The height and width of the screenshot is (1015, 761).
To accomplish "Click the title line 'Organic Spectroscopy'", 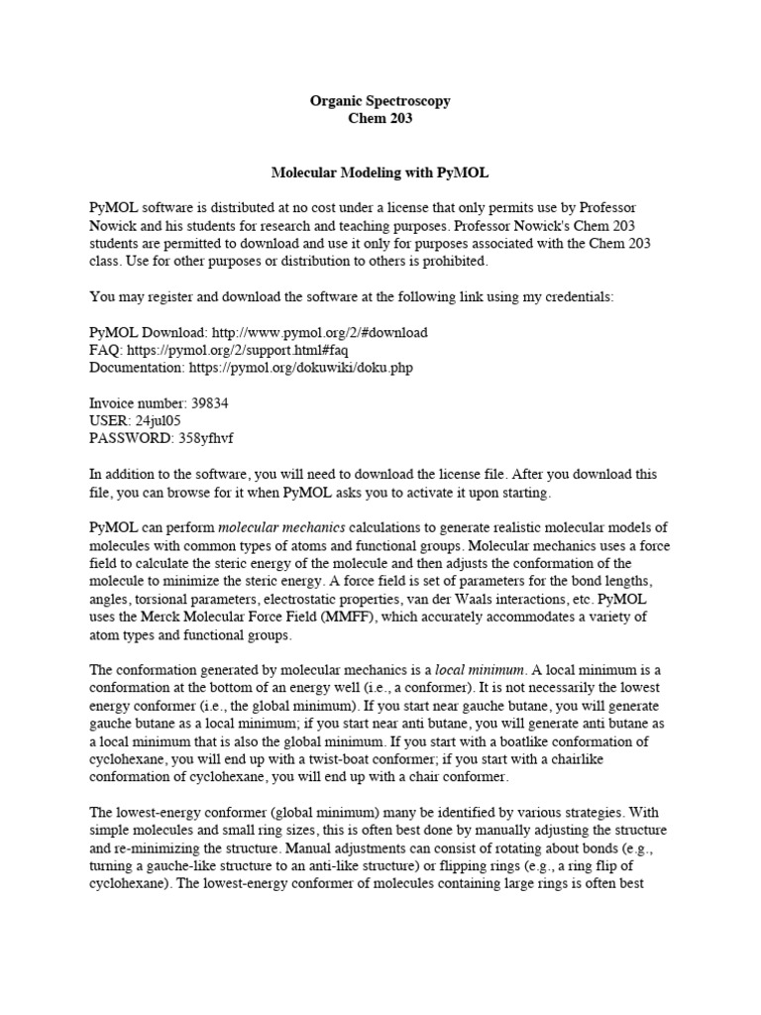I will [380, 101].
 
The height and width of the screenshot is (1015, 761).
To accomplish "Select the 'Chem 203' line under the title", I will [380, 119].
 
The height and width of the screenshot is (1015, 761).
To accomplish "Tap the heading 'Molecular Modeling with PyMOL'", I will [380, 172].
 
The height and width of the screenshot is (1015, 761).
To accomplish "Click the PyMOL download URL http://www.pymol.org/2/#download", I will [320, 332].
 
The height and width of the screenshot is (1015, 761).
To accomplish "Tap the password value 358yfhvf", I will [203, 438].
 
